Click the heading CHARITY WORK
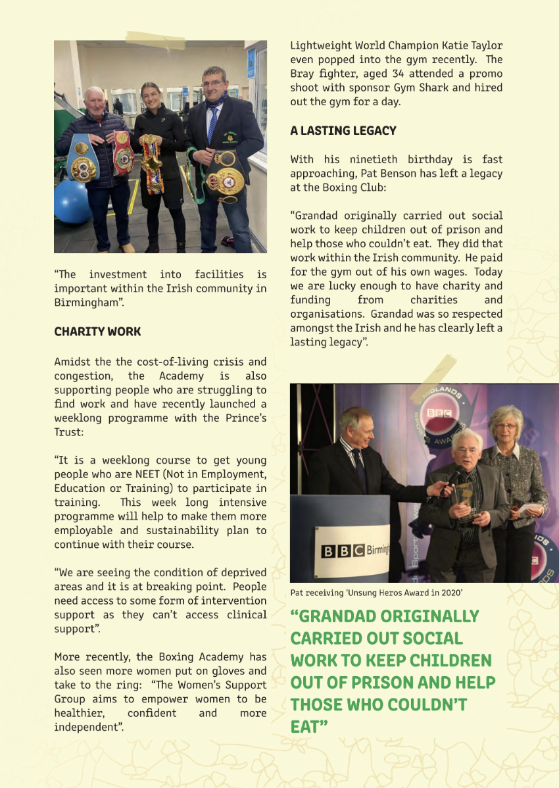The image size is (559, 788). pos(97,332)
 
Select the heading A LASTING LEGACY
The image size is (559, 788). pos(343,131)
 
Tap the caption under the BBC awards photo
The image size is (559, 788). pos(377,593)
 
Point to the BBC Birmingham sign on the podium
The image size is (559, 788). pos(355,550)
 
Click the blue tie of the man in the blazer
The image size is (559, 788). pos(212,125)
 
